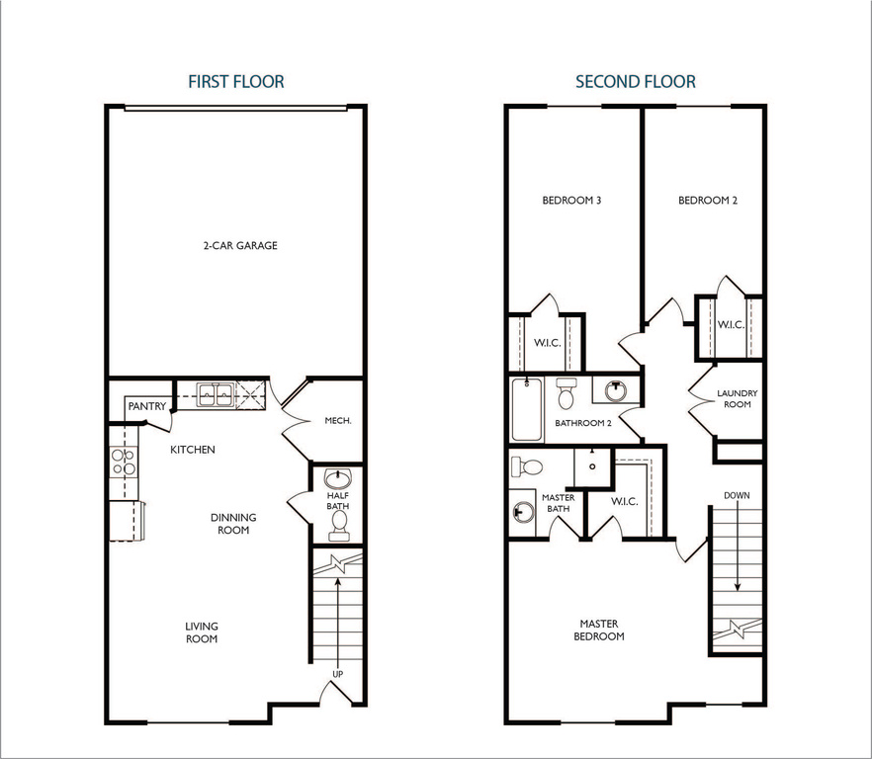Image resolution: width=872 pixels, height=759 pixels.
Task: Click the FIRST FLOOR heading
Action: coord(236,82)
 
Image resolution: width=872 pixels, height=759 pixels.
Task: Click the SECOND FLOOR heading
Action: coord(636,82)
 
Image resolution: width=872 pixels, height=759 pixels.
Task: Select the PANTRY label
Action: coord(146,406)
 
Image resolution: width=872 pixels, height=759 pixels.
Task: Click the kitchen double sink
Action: coord(215,396)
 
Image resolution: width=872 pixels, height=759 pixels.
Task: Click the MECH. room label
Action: coord(338,420)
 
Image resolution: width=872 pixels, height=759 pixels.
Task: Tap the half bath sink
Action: coord(338,478)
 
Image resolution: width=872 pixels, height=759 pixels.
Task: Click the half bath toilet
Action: coord(339,524)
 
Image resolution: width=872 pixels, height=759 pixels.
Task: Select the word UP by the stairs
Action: coord(338,675)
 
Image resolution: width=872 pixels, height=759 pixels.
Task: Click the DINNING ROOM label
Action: coord(233,524)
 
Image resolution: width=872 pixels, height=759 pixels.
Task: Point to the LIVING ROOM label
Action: coord(202,632)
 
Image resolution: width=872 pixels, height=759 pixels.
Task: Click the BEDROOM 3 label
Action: coord(572,201)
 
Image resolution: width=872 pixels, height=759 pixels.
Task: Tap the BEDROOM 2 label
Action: coord(708,201)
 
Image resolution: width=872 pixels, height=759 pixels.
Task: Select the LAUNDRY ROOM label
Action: coord(738,399)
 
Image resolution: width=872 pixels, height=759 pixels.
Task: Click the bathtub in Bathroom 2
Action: coord(526,410)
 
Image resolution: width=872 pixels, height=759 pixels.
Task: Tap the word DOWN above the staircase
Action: coord(737,495)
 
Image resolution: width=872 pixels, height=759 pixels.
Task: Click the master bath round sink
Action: coord(521,512)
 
